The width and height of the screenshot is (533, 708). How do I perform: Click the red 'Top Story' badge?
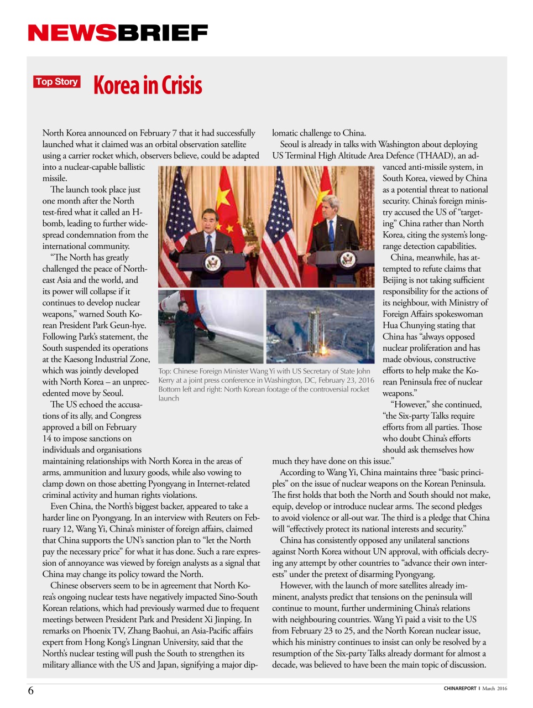(x=56, y=82)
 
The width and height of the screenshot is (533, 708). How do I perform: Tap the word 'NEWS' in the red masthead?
(x=72, y=33)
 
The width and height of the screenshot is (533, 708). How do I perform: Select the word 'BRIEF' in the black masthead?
(x=163, y=33)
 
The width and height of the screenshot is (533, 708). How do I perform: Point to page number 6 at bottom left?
(x=31, y=690)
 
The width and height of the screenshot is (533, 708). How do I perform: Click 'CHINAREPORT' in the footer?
(x=459, y=689)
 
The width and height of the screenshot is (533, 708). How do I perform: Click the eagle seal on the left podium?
(x=212, y=262)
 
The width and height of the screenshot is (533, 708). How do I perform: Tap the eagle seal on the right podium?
(x=347, y=259)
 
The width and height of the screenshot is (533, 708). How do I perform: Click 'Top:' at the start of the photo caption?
(x=164, y=372)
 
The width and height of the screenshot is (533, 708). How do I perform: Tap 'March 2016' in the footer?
(x=494, y=689)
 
